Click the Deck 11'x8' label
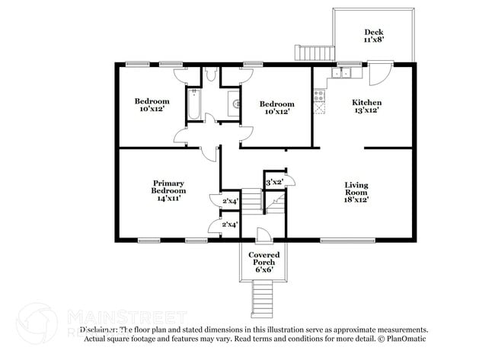coord(373,36)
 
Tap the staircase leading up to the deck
coord(315,53)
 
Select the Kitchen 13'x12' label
coord(366,107)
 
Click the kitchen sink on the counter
coord(342,74)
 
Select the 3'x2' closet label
coord(274,182)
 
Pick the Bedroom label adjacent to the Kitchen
coord(276,108)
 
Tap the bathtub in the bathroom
coord(194,104)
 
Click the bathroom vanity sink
coord(234,101)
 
